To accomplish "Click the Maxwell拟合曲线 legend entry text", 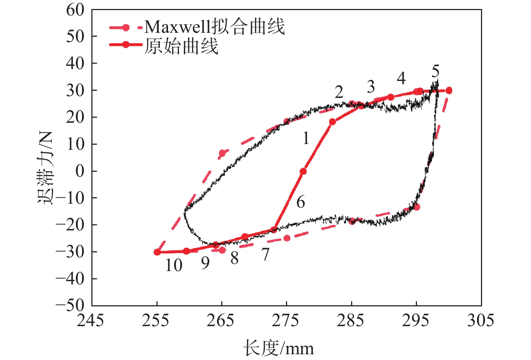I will [215, 27].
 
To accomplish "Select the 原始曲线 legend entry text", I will [181, 46].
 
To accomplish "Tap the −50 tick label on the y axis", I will [70, 305].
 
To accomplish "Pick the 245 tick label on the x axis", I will [90, 320].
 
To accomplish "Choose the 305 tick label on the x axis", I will [481, 320].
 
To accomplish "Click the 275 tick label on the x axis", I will [286, 320].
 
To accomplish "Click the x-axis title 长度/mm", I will [278, 348].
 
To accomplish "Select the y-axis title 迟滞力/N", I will [46, 168].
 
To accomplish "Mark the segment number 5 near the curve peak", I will [435, 72].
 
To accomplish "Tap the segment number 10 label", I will [174, 265].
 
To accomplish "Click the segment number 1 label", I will [305, 138].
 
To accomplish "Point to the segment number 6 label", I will [301, 202].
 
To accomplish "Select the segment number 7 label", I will [265, 255].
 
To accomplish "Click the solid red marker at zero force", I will [303, 171].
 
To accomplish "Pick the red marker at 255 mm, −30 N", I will [157, 252].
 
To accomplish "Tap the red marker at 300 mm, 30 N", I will [449, 91].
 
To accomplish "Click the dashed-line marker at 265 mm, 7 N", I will [222, 153].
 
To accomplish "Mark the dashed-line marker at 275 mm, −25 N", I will [287, 238].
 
